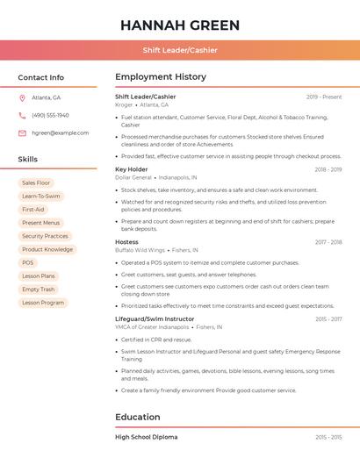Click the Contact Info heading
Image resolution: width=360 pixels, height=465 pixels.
[40, 77]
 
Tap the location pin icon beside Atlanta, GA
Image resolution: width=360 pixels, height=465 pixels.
[22, 98]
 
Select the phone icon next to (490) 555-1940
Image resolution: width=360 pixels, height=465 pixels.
[22, 115]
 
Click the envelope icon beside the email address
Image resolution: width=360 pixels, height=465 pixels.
[22, 132]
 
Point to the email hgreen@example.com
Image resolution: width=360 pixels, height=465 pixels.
[60, 132]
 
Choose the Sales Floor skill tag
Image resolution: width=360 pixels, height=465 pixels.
[36, 182]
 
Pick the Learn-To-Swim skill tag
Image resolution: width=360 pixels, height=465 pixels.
[40, 196]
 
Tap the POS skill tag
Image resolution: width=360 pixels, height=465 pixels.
[28, 262]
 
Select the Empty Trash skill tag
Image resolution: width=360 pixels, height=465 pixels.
[38, 289]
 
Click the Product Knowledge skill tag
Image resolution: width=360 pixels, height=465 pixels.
[47, 249]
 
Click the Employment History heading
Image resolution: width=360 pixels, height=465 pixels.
[161, 77]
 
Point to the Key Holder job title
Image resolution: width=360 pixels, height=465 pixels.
[132, 169]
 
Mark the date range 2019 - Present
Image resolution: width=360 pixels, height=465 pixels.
[324, 97]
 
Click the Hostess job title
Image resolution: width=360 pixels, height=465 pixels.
[126, 242]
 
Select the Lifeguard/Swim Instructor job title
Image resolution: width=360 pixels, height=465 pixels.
[155, 319]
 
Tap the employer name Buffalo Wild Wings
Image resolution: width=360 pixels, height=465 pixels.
[140, 250]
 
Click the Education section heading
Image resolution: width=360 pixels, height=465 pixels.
[138, 417]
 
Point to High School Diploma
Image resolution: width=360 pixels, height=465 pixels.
[146, 437]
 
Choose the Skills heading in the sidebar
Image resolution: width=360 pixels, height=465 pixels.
[28, 160]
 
